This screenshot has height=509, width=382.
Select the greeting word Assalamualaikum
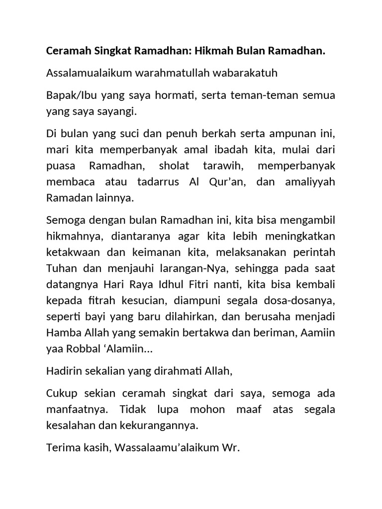(87, 73)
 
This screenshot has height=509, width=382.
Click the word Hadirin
(63, 371)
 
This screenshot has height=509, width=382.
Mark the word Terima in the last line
(62, 448)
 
